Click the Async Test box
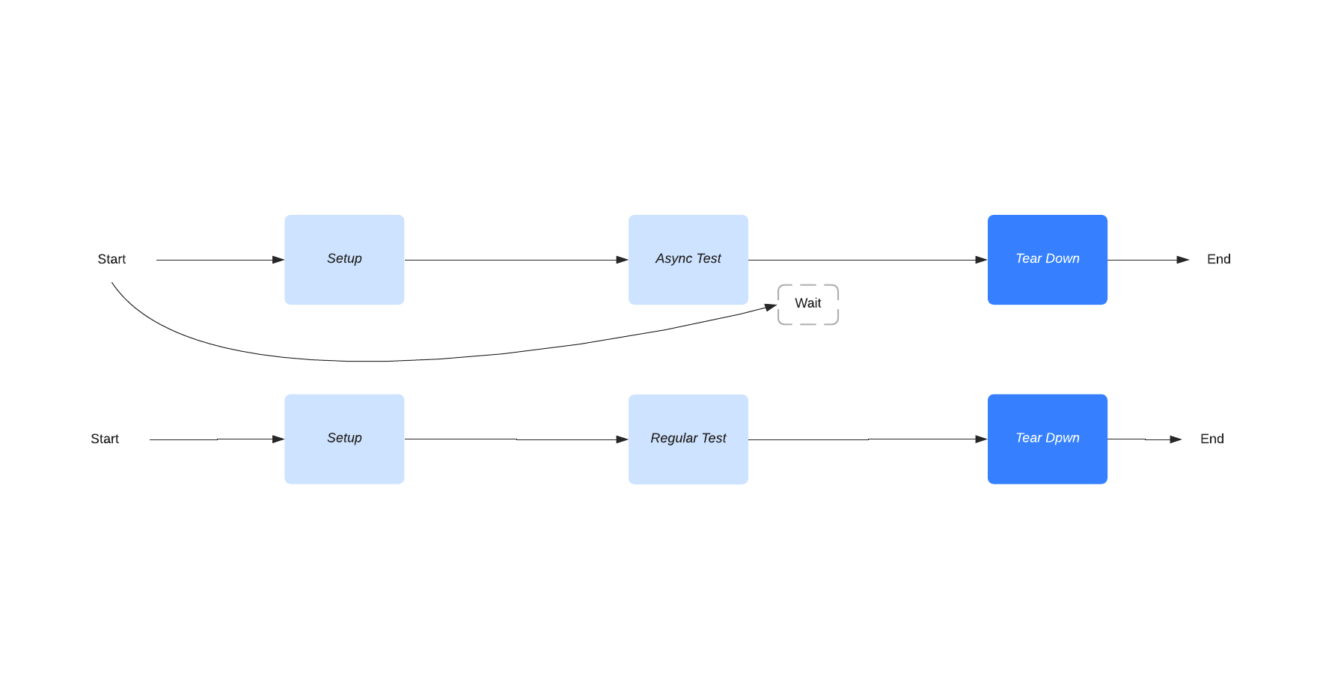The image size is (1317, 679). point(688,259)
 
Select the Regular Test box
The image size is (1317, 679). point(688,439)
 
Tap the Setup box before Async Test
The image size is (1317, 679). point(344,259)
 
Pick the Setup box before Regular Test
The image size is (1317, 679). point(344,439)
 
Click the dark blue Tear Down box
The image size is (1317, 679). point(1047,259)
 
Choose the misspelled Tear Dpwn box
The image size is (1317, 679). point(1047,439)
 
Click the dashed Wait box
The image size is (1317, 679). point(807,304)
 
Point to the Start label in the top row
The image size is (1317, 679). point(111,259)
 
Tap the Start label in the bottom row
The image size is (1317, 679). point(105,439)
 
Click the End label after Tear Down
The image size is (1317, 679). point(1218,259)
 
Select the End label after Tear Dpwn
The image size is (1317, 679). point(1211,439)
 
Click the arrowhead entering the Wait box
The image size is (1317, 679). point(771,307)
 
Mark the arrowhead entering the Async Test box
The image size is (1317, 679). point(622,260)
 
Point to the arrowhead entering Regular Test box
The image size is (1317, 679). point(622,439)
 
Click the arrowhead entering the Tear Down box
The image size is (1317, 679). point(981,260)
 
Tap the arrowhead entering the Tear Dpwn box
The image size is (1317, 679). point(981,439)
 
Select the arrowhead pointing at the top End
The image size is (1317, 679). point(1182,260)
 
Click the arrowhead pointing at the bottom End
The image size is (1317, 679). point(1176,439)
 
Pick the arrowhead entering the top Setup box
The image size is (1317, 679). point(278,260)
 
